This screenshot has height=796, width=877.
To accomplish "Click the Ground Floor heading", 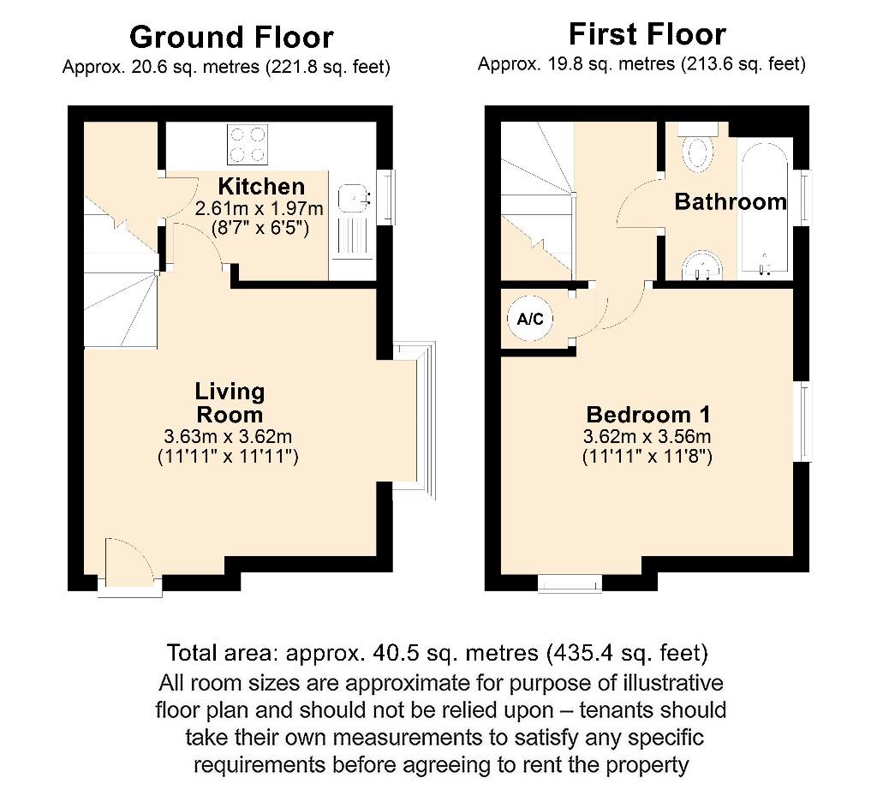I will (x=231, y=37).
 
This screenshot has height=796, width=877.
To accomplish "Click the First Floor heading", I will (x=647, y=34).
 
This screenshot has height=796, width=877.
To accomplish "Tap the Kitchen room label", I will (x=260, y=187).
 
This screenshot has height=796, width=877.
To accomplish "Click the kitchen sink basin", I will (x=353, y=199).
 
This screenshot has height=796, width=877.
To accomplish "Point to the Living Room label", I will (x=230, y=404).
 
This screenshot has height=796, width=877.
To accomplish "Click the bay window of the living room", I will (x=421, y=416).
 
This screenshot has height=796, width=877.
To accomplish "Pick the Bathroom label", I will (x=731, y=202).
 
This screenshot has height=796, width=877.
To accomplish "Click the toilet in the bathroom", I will (x=698, y=151).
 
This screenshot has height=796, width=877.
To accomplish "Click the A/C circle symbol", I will (x=530, y=320).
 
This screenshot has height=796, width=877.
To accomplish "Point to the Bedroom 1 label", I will (x=647, y=415).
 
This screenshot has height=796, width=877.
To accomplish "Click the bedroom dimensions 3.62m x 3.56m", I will (x=647, y=437).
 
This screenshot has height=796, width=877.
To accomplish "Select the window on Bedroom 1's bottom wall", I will (x=570, y=584).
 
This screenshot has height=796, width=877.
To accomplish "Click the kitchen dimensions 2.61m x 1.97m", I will (x=260, y=209).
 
